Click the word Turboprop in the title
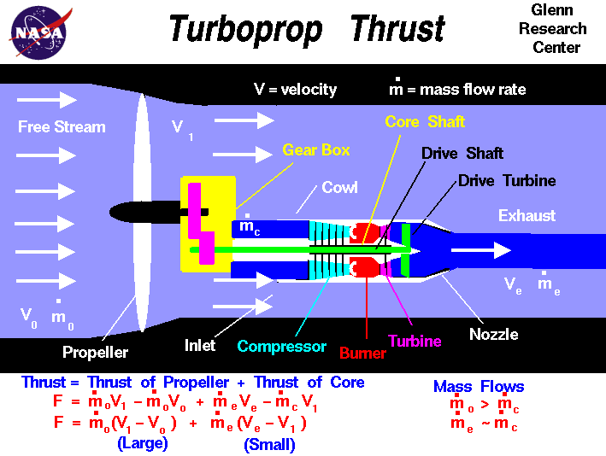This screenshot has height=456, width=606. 245,30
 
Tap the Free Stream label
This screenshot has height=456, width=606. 62,127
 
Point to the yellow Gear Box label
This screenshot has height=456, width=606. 316,150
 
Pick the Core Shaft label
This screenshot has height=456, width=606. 425,122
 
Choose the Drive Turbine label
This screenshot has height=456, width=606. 507,181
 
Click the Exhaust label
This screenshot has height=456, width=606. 527,216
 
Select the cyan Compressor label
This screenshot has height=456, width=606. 282,347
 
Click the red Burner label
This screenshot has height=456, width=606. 362,352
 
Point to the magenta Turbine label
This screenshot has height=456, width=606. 415,342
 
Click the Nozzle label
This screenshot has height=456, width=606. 493,335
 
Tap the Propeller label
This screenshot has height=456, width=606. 95,352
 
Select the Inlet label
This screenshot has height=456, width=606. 200,346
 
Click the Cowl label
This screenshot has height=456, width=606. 339,188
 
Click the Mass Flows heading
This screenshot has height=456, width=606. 479,387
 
